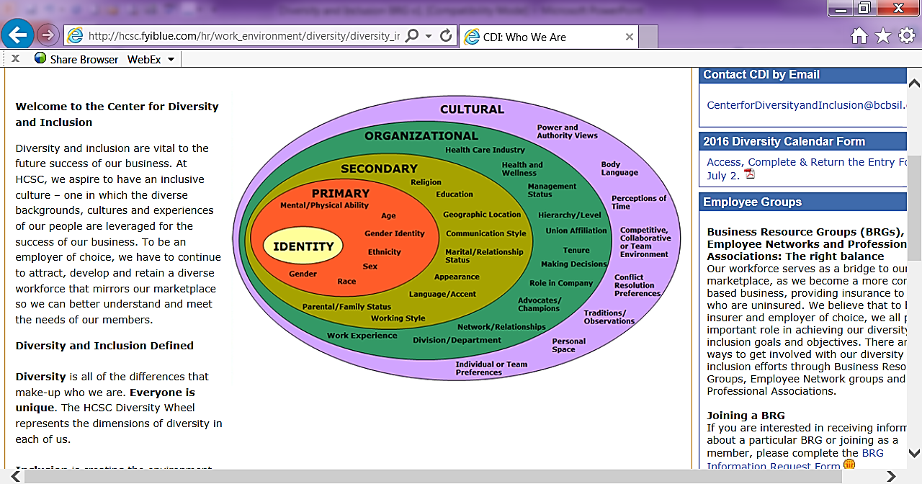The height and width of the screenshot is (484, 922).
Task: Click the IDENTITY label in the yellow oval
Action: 303,246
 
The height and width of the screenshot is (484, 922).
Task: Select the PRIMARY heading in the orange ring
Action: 340,194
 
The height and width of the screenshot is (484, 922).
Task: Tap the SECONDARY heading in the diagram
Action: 379,169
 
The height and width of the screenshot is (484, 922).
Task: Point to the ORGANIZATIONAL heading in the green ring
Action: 421,135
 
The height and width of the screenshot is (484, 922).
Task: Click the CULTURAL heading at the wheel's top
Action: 472,109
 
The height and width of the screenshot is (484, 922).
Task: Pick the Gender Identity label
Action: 394,233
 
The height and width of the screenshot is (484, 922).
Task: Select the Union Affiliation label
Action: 576,231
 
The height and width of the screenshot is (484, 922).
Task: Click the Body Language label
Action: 619,169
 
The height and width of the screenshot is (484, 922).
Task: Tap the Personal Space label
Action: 568,345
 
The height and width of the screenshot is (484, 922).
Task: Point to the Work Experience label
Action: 362,336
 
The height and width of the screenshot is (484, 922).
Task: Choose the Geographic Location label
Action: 481,215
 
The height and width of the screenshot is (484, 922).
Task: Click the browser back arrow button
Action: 17,35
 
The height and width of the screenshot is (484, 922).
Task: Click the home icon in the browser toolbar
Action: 859,36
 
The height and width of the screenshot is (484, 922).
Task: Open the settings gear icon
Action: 906,35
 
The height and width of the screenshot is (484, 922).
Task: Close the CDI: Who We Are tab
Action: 629,37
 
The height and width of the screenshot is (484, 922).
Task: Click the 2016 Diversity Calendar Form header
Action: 784,141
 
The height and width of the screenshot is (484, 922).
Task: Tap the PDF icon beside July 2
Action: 749,174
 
